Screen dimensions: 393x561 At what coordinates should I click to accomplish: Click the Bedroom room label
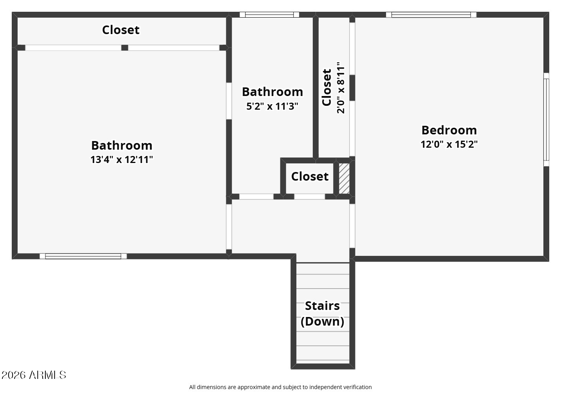(449, 130)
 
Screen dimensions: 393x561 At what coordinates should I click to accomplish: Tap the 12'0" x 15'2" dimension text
(449, 144)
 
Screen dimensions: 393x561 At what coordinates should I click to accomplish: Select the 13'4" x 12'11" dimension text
(121, 159)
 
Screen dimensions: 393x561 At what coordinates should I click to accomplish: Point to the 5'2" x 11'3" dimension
(272, 106)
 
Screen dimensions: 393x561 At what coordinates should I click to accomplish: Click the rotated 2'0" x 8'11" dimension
(341, 88)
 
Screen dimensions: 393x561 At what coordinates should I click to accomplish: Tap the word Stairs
(322, 306)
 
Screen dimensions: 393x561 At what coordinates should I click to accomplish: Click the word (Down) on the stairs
(322, 321)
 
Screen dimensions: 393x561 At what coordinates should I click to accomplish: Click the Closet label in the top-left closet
(121, 30)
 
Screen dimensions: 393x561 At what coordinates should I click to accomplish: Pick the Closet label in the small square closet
(310, 176)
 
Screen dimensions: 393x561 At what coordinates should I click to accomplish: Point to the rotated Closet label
(327, 88)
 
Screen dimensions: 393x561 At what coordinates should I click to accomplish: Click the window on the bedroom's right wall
(546, 120)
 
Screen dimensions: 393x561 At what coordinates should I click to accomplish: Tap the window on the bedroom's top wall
(431, 15)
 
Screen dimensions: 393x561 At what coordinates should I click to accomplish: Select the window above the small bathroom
(269, 15)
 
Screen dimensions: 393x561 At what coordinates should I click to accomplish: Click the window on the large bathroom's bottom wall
(83, 256)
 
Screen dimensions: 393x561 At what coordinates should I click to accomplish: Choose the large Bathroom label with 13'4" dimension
(121, 145)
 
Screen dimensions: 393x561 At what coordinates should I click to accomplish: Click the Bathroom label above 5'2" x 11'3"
(272, 92)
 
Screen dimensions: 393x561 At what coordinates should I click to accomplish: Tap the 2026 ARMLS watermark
(34, 375)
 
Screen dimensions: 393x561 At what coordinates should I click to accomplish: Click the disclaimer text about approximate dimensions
(280, 387)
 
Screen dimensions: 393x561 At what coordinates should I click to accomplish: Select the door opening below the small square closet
(309, 196)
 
